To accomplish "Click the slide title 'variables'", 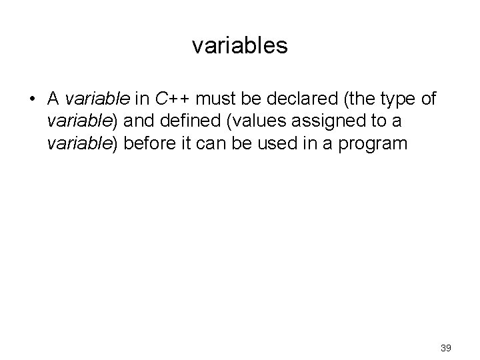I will click(x=239, y=45).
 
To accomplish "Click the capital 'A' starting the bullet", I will click(x=54, y=99).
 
